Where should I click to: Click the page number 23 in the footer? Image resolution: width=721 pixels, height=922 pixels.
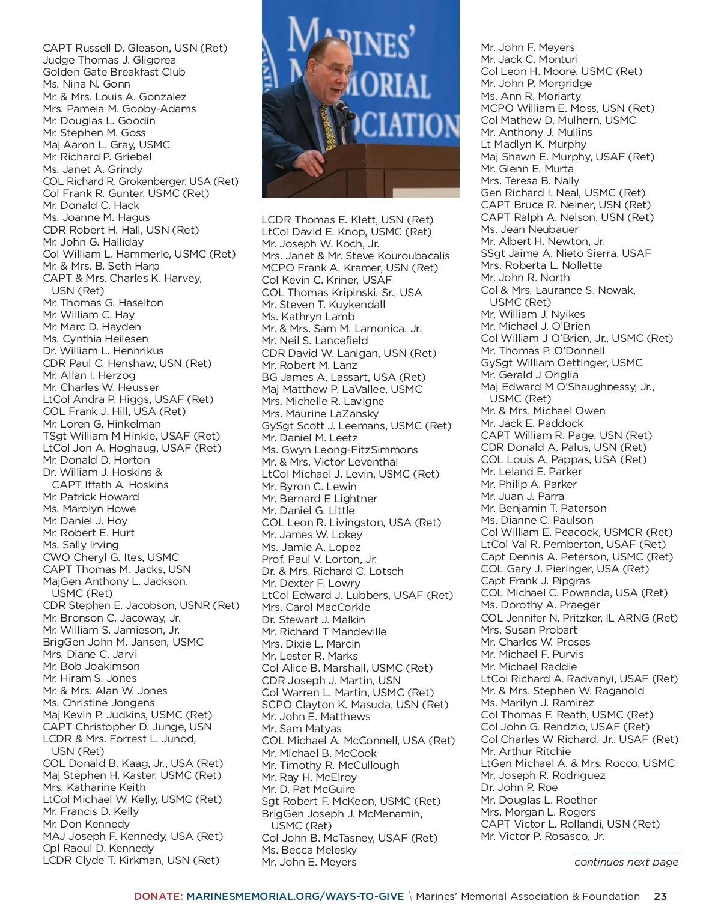pyautogui.click(x=660, y=896)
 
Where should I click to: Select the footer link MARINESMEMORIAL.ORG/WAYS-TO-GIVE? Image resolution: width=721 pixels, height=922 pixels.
pyautogui.click(x=295, y=896)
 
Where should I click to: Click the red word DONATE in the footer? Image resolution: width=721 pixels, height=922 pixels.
pyautogui.click(x=158, y=896)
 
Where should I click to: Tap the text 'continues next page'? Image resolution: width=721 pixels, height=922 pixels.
pyautogui.click(x=626, y=862)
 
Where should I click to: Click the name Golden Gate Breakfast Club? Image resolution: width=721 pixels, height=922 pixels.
pyautogui.click(x=114, y=72)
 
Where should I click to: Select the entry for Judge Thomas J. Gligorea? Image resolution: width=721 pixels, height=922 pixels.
pyautogui.click(x=109, y=60)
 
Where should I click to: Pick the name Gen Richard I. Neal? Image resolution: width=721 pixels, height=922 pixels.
pyautogui.click(x=563, y=193)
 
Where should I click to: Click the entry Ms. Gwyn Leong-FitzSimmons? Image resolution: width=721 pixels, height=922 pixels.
pyautogui.click(x=339, y=450)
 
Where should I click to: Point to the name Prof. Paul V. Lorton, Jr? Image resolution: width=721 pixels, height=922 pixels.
pyautogui.click(x=319, y=559)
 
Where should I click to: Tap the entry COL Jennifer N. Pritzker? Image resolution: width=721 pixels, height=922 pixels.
pyautogui.click(x=579, y=617)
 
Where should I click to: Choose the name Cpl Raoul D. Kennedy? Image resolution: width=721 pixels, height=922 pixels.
pyautogui.click(x=99, y=848)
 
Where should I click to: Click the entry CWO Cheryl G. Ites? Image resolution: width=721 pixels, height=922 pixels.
pyautogui.click(x=111, y=557)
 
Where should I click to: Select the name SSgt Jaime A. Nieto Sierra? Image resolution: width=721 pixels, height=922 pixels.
pyautogui.click(x=566, y=253)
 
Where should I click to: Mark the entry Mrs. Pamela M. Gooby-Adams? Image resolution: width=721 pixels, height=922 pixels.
pyautogui.click(x=120, y=109)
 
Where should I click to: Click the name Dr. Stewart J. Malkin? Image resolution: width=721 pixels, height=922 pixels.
pyautogui.click(x=313, y=620)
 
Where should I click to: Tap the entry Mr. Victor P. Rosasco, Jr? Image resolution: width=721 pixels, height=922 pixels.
pyautogui.click(x=543, y=836)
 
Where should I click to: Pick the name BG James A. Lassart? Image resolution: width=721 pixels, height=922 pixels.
pyautogui.click(x=343, y=377)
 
